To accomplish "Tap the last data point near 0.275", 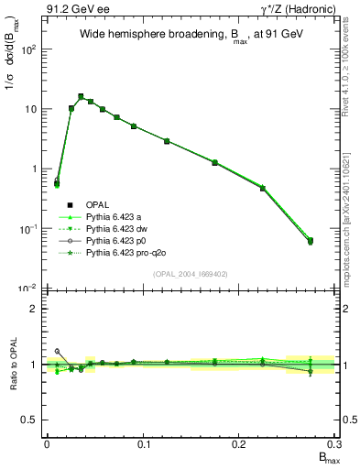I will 310,241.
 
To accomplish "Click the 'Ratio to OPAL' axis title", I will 12,365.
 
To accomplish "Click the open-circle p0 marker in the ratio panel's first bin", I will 57,351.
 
